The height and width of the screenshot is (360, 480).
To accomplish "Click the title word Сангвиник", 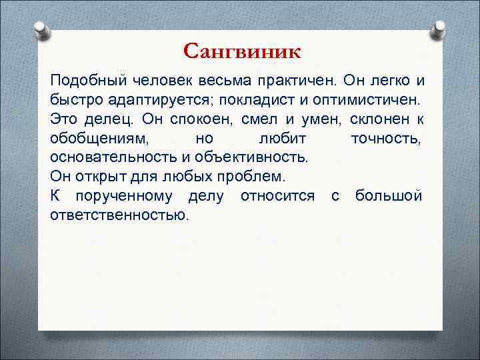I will coord(241,51).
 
